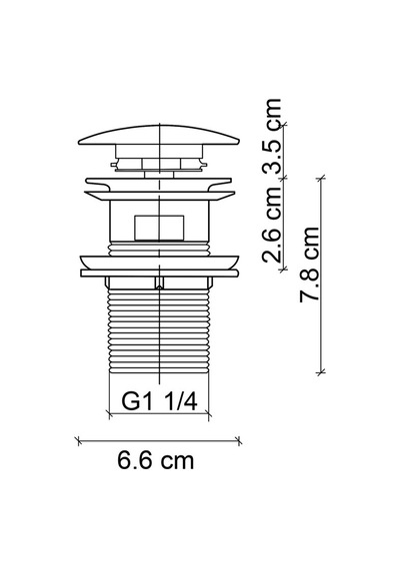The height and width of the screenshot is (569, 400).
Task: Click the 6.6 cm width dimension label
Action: point(155,460)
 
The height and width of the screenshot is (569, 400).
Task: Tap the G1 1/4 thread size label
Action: point(159,401)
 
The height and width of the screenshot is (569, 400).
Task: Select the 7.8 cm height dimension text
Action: point(309,265)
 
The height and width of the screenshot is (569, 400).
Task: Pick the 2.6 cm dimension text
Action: point(272,224)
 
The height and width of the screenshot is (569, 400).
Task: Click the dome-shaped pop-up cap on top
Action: point(159,135)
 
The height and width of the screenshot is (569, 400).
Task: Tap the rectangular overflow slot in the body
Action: point(159,228)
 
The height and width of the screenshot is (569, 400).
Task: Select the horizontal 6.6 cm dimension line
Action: point(159,441)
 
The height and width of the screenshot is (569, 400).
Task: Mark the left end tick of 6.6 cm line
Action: point(79,441)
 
